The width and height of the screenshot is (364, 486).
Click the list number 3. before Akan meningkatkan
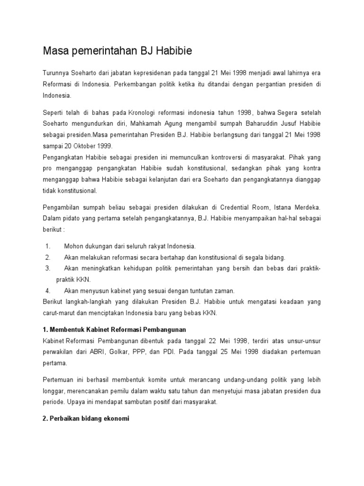coord(48,269)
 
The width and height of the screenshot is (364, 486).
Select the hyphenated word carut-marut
coord(60,313)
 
